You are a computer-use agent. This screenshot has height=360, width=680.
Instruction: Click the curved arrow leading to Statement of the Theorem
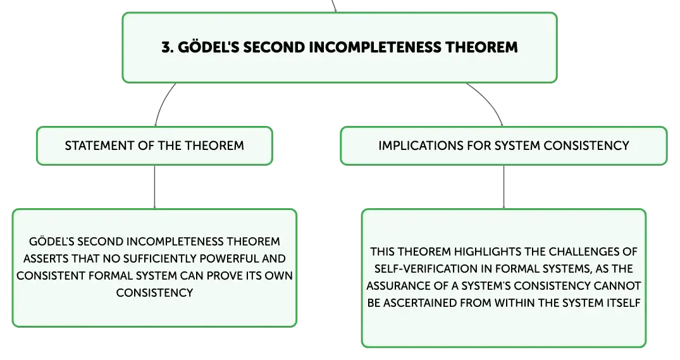pyautogui.click(x=161, y=102)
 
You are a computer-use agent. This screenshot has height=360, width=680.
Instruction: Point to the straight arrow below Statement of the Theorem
pyautogui.click(x=154, y=187)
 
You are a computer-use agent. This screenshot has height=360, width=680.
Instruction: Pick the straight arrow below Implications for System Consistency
pyautogui.click(x=504, y=187)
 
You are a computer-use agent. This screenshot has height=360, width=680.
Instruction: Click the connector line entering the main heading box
pyautogui.click(x=334, y=6)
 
